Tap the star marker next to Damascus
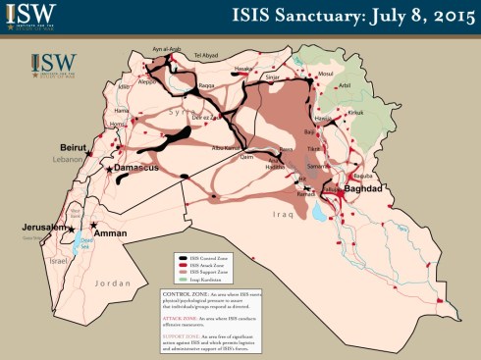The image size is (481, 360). coord(109,170)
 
